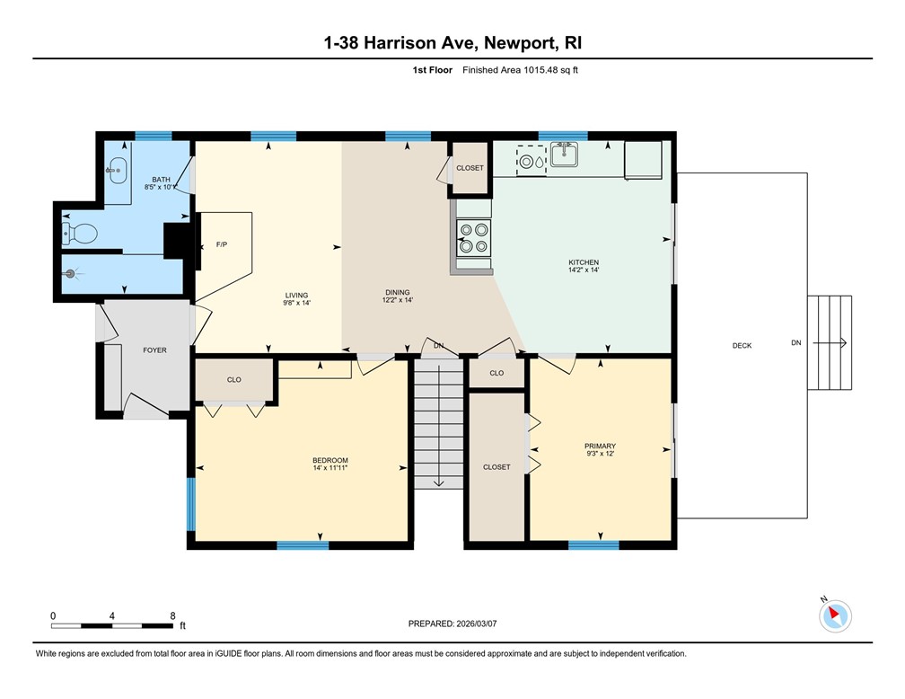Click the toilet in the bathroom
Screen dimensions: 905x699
click(x=79, y=234)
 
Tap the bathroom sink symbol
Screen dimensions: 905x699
click(x=117, y=171)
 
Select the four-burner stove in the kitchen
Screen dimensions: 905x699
click(x=474, y=238)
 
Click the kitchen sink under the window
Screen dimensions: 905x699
click(x=564, y=155)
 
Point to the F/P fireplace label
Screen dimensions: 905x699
click(x=222, y=244)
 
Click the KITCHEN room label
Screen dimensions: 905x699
click(x=584, y=262)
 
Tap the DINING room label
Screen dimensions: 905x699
click(x=397, y=292)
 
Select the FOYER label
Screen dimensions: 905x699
click(x=154, y=350)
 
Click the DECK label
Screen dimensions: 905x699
click(x=742, y=345)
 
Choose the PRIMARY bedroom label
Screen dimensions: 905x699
click(x=601, y=446)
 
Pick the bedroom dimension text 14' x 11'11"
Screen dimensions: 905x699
click(x=330, y=468)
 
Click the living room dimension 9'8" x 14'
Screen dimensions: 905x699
click(x=296, y=303)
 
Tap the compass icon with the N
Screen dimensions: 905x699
click(x=835, y=615)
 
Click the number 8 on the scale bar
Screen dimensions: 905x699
click(x=172, y=615)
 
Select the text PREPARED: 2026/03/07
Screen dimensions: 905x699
click(x=452, y=624)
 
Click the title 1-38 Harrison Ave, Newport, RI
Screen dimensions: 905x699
click(x=452, y=43)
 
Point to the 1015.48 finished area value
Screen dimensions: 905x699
click(x=540, y=70)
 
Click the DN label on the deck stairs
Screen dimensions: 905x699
click(x=795, y=342)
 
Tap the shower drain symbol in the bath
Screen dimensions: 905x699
click(x=71, y=274)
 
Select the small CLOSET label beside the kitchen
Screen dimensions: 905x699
click(x=470, y=168)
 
